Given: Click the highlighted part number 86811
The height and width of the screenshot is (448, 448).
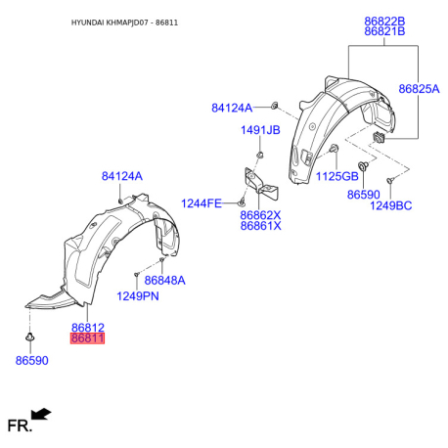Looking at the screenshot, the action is pos(87,338).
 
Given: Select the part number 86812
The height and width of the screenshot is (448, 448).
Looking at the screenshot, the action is pos(88,328).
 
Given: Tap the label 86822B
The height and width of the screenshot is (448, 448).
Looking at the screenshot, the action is pos(384,22).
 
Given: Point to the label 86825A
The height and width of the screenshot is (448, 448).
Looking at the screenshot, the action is pos(419,89).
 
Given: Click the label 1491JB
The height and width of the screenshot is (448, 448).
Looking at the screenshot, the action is pos(260,130).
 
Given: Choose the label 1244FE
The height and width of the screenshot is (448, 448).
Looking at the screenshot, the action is pos(202,203).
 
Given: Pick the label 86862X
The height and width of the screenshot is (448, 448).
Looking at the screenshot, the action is pos(260,215).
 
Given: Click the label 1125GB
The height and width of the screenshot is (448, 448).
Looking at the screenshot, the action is pos(337,176).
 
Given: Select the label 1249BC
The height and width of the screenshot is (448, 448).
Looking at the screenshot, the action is pos(390,205).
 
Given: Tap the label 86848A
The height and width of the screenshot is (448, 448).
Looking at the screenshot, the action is pos(164,280).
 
